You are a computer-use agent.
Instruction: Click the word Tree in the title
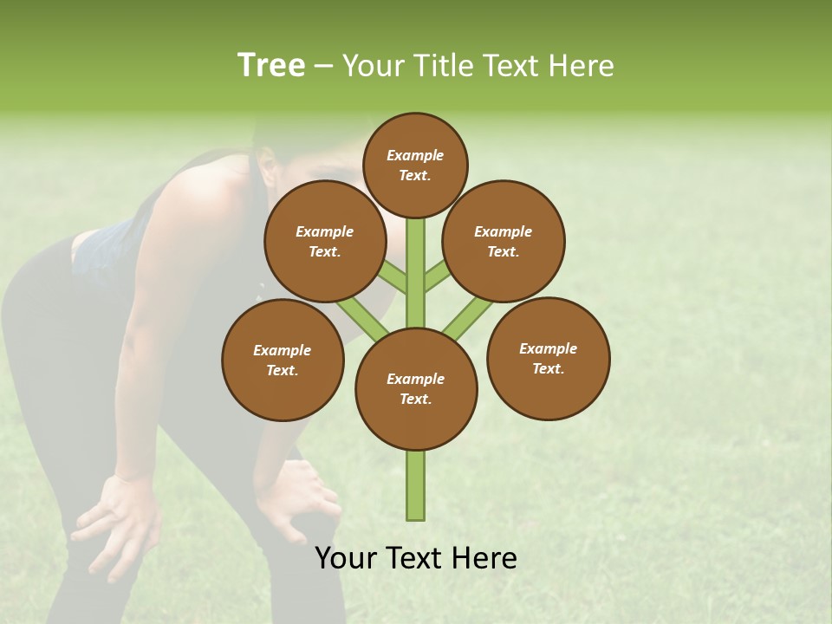click(271, 65)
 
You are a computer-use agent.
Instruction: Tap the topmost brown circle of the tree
click(415, 165)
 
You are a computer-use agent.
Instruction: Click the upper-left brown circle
click(324, 241)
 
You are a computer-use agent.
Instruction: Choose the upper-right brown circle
click(504, 241)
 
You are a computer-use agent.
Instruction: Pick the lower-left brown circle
click(283, 360)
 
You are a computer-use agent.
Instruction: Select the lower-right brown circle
click(548, 358)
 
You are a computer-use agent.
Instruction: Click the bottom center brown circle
click(416, 388)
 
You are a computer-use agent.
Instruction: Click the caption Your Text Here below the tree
click(416, 558)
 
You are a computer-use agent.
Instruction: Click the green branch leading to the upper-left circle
click(392, 278)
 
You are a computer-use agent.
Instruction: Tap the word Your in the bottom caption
click(347, 558)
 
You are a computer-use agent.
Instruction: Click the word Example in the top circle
click(415, 155)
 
